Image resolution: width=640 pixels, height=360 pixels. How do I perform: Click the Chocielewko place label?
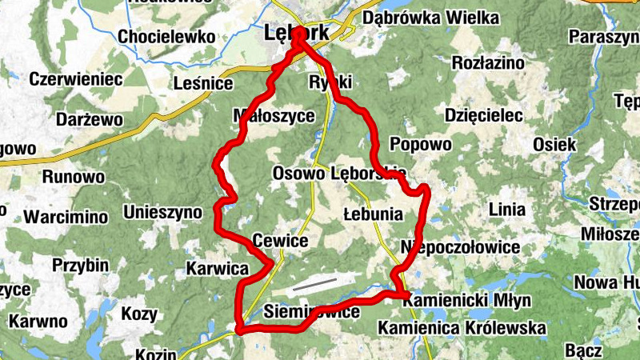pyautogui.click(x=166, y=37)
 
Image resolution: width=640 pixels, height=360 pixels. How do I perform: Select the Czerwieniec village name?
pyautogui.click(x=75, y=79)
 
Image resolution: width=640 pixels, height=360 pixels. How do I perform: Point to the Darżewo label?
pyautogui.click(x=90, y=119)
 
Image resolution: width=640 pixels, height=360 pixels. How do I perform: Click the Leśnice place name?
pyautogui.click(x=203, y=83)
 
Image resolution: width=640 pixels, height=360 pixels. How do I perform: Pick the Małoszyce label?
pyautogui.click(x=273, y=115)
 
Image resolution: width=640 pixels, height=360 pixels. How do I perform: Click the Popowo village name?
pyautogui.click(x=420, y=144)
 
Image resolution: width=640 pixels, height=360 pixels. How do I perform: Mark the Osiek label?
pyautogui.click(x=554, y=144)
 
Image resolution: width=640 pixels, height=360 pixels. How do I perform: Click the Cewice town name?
pyautogui.click(x=279, y=240)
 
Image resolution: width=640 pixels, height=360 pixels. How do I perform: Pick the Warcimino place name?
pyautogui.click(x=66, y=217)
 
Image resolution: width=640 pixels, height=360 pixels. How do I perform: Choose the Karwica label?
pyautogui.click(x=217, y=268)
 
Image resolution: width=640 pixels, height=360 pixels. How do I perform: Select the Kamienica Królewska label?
pyautogui.click(x=462, y=328)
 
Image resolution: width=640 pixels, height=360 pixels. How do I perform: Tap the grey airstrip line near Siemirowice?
pyautogui.click(x=314, y=284)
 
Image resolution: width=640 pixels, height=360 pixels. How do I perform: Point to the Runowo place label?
pyautogui.click(x=74, y=177)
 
